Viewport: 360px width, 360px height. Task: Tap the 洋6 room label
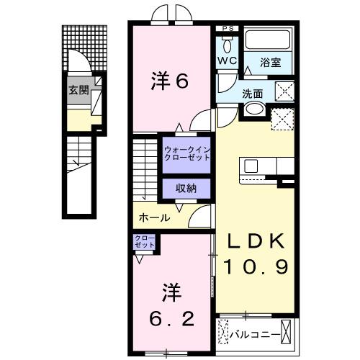[x=171, y=81]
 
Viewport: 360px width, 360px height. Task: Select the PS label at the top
[x=228, y=29]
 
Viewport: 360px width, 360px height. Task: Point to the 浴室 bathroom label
[x=271, y=63]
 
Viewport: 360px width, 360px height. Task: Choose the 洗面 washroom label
[x=252, y=93]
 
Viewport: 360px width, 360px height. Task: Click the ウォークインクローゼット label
[x=186, y=153]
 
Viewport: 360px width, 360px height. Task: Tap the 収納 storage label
[x=186, y=188]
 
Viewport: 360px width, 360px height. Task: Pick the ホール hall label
[x=154, y=217]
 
